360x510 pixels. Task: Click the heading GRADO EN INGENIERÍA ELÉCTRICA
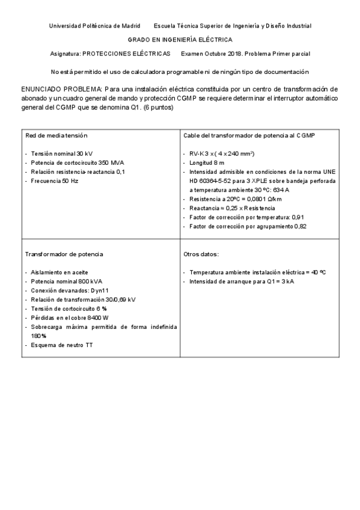(180, 40)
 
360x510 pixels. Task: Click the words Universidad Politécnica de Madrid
(94, 26)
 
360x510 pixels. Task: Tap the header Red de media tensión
(56, 135)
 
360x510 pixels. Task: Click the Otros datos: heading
(201, 254)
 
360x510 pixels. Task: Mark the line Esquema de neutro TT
(58, 345)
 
